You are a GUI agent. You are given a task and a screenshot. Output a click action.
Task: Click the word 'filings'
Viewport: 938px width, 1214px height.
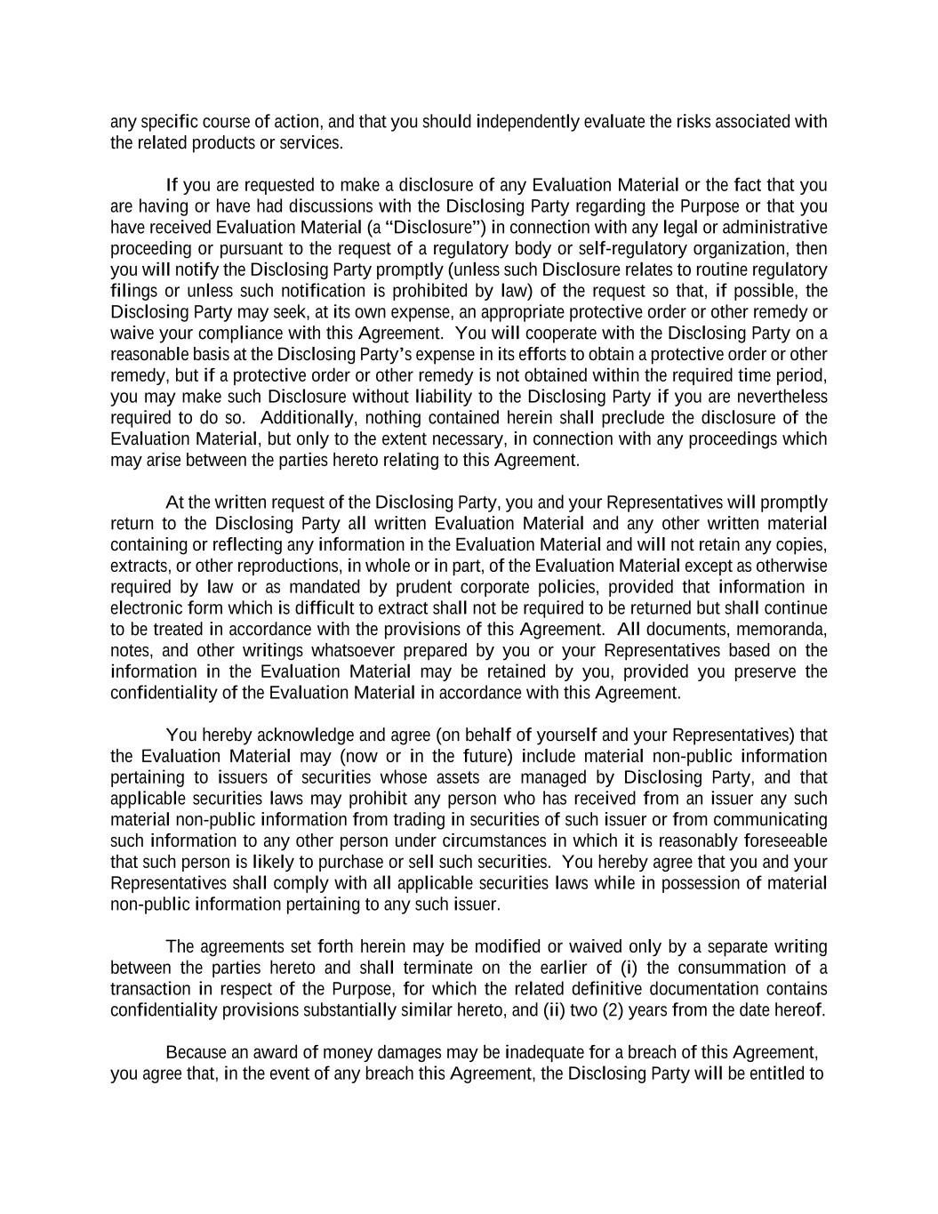pyautogui.click(x=133, y=291)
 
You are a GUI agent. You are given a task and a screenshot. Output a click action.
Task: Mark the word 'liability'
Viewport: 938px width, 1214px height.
pyautogui.click(x=443, y=397)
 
